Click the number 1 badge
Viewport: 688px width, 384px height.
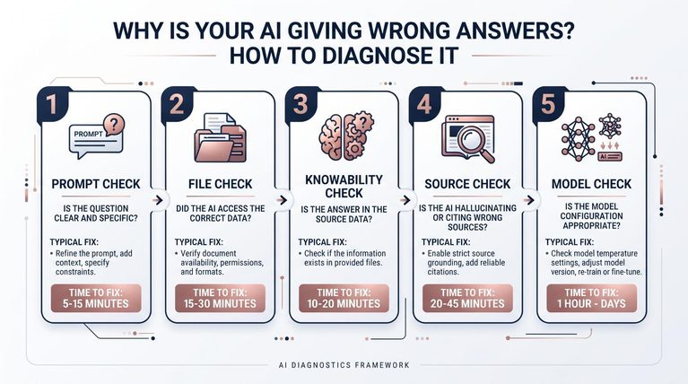coord(53,104)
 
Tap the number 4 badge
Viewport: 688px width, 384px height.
coord(424,104)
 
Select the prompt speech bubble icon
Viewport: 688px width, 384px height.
coord(97,136)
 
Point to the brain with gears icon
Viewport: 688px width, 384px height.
coord(346,135)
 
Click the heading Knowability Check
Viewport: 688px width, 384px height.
coord(344,186)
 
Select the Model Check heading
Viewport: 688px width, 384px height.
coord(591,184)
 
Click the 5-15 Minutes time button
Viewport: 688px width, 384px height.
coord(96,299)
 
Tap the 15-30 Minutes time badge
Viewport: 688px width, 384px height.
coord(220,299)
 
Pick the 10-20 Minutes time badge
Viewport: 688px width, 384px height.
coord(344,299)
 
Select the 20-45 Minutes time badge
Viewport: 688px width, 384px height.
coord(467,299)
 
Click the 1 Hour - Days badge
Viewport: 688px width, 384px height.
coord(591,299)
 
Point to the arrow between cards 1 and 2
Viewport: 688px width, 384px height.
coord(158,200)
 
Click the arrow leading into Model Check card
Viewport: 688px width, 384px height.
coord(529,200)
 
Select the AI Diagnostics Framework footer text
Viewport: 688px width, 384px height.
coord(344,365)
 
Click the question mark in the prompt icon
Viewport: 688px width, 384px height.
coord(114,124)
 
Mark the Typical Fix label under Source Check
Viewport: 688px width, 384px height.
coord(446,242)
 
